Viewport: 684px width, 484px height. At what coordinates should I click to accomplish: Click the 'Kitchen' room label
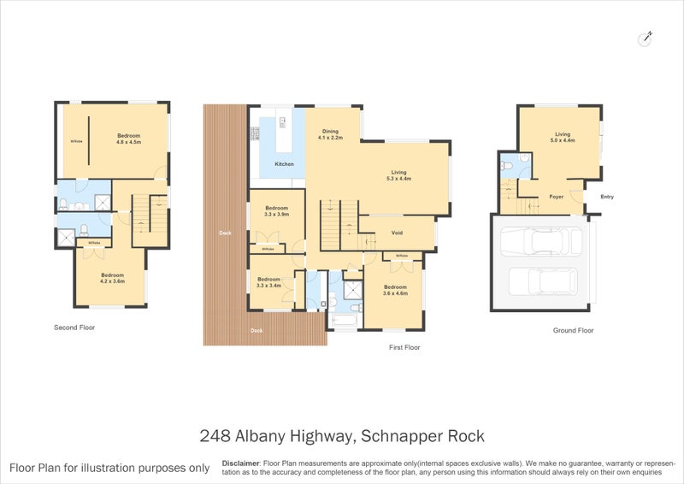[x=284, y=164]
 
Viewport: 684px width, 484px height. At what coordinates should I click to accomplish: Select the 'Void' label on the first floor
[x=397, y=233]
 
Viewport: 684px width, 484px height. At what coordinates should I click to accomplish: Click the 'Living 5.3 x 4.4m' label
[x=398, y=175]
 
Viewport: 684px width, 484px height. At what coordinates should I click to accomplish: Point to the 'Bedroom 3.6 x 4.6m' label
[x=395, y=290]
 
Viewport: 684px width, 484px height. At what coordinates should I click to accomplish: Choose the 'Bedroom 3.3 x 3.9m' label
[x=277, y=211]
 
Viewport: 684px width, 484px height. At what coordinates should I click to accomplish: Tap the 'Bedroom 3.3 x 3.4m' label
[x=269, y=282]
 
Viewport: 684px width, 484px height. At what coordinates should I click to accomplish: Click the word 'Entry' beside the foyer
[x=607, y=197]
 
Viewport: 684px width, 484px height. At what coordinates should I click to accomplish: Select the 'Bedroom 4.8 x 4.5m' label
[x=128, y=139]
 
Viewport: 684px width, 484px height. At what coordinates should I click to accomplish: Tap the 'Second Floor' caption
[x=74, y=328]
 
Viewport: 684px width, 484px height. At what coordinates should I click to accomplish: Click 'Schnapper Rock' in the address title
[x=422, y=436]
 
